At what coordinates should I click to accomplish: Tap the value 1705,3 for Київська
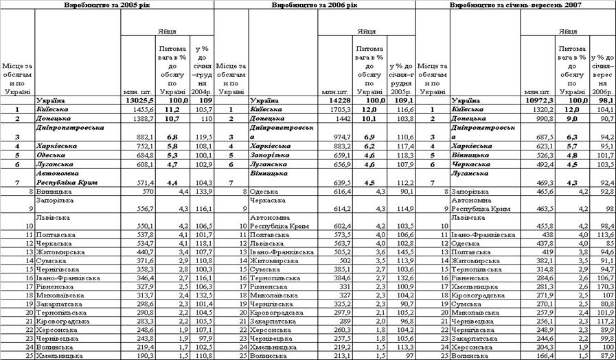(x=341, y=109)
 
